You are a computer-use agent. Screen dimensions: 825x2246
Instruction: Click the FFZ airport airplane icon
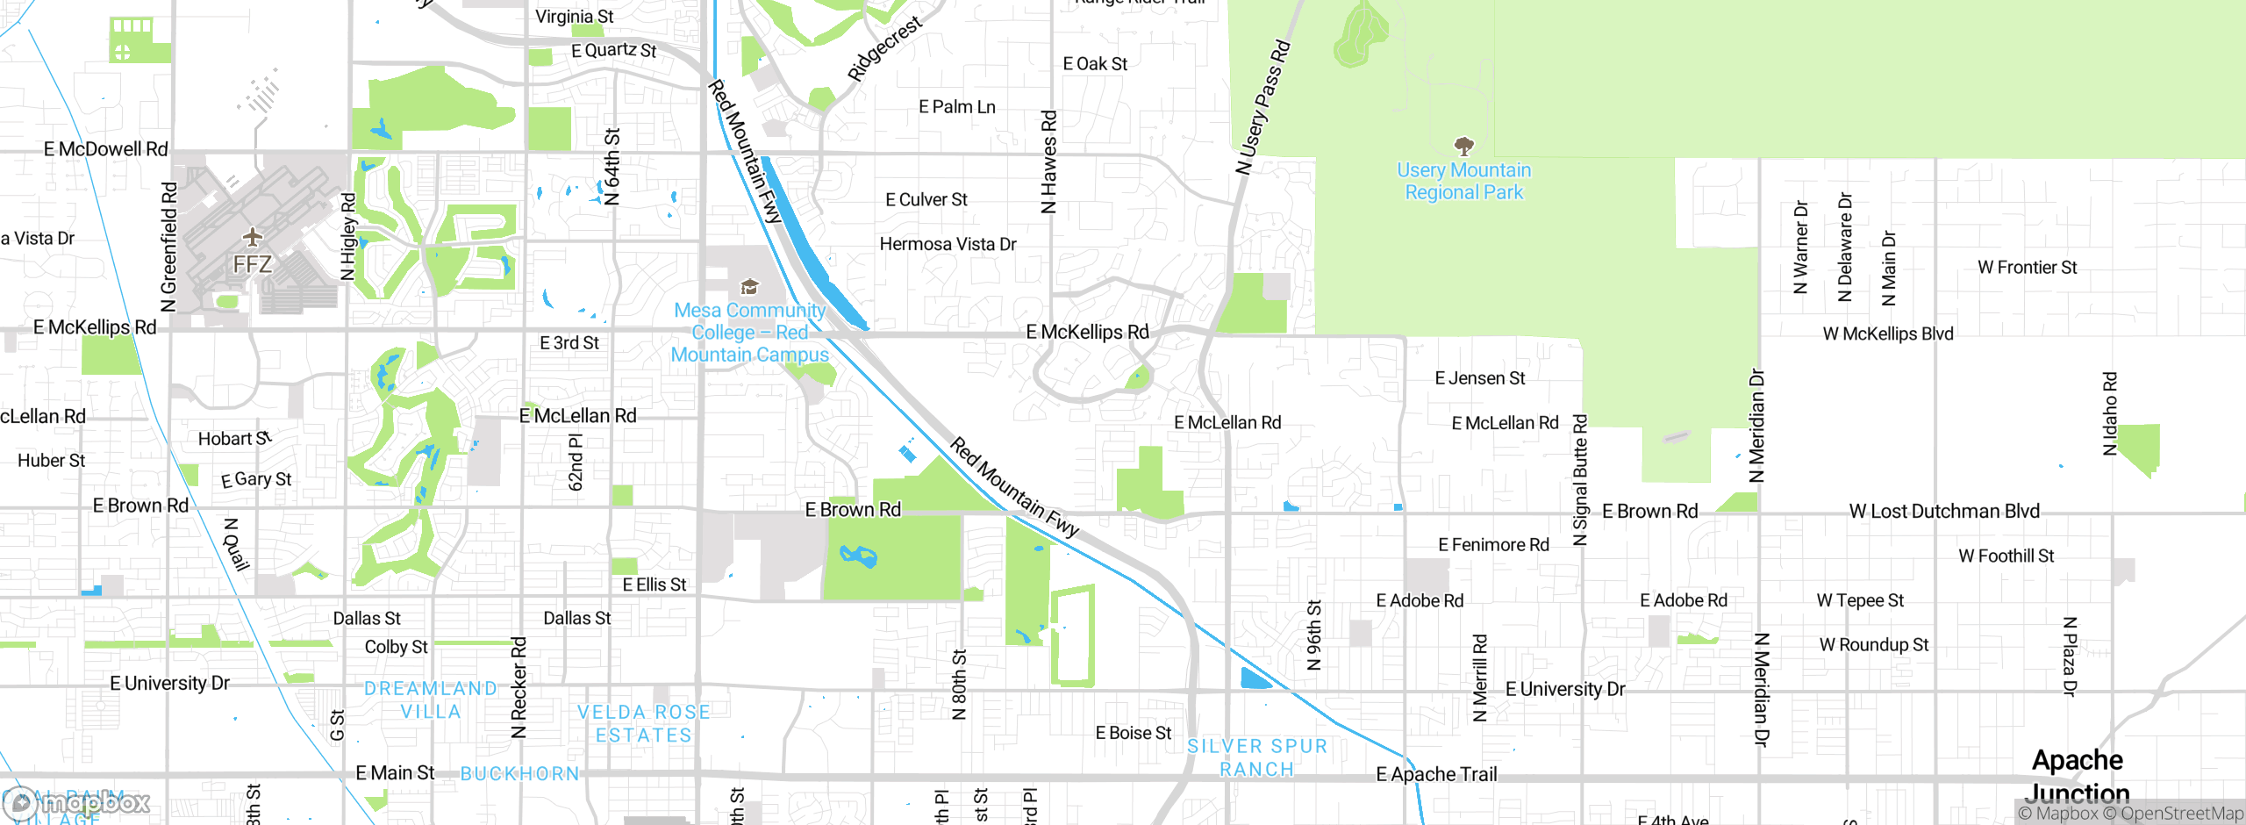[x=253, y=237]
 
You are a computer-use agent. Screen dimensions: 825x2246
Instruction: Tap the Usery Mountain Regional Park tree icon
[x=1463, y=145]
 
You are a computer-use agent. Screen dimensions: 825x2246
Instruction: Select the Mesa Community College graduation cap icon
[x=749, y=287]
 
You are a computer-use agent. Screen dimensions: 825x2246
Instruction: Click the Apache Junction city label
[x=2077, y=776]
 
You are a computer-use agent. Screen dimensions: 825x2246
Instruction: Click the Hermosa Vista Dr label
[x=948, y=244]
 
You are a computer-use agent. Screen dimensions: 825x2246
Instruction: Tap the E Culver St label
[x=926, y=200]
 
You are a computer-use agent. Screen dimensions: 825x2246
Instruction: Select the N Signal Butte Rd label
[x=1580, y=480]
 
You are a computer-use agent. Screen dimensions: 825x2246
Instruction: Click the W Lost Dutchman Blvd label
[x=1943, y=511]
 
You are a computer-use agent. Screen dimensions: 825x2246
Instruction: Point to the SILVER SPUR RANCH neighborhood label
[x=1256, y=757]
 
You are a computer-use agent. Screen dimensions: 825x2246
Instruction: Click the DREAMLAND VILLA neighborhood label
[x=430, y=699]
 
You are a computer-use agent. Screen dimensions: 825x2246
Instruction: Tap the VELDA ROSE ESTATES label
[x=644, y=723]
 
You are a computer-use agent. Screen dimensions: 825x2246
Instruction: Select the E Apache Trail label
[x=1436, y=774]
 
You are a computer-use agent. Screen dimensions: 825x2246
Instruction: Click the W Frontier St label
[x=2027, y=268]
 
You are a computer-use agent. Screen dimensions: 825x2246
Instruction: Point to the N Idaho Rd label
[x=2110, y=413]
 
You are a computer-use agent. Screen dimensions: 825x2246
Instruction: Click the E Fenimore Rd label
[x=1493, y=545]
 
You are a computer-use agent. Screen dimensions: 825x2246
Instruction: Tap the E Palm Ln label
[x=956, y=107]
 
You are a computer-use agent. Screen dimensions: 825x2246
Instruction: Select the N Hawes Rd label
[x=1049, y=161]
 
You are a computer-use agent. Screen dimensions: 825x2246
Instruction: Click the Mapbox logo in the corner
[x=77, y=802]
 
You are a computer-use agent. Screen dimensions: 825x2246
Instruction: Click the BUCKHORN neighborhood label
[x=519, y=774]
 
